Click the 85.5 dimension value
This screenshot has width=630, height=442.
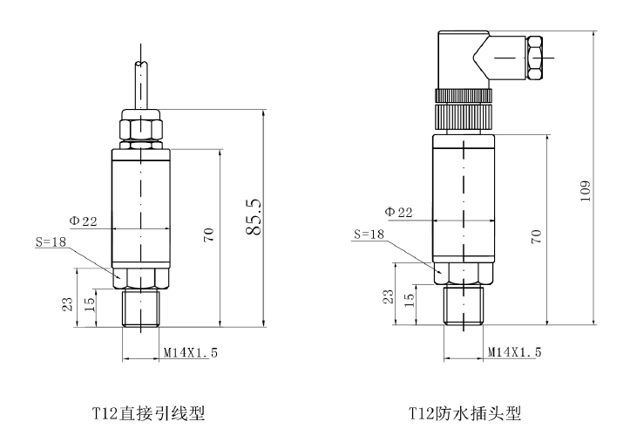[x=254, y=216]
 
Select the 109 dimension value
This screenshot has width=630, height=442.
[x=586, y=191]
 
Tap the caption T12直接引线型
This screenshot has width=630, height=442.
[x=149, y=413]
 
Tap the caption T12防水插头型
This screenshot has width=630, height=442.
[x=464, y=413]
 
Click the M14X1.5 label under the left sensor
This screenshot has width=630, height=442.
[x=191, y=353]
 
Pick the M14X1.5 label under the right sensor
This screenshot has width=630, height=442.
[x=515, y=352]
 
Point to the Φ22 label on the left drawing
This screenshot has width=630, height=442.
[x=83, y=221]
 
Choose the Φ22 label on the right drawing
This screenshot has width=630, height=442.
[x=399, y=212]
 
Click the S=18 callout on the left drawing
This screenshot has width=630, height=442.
[x=51, y=241]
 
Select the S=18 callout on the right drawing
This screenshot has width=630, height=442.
[x=369, y=234]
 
